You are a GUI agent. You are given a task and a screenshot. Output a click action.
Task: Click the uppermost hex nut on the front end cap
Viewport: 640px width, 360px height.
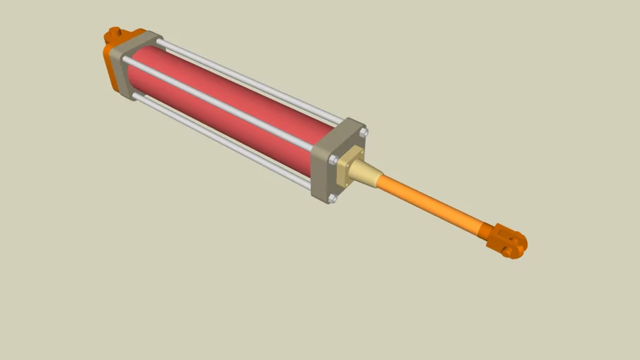(363, 132)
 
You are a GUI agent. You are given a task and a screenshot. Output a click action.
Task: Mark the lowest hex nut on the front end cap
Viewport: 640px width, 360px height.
(333, 199)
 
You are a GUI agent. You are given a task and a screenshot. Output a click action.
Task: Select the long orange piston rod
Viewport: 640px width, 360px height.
(429, 205)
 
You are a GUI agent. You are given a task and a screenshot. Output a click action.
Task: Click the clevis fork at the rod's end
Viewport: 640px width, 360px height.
(508, 240)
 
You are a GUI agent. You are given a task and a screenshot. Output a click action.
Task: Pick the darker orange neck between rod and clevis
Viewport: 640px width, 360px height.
(485, 231)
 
